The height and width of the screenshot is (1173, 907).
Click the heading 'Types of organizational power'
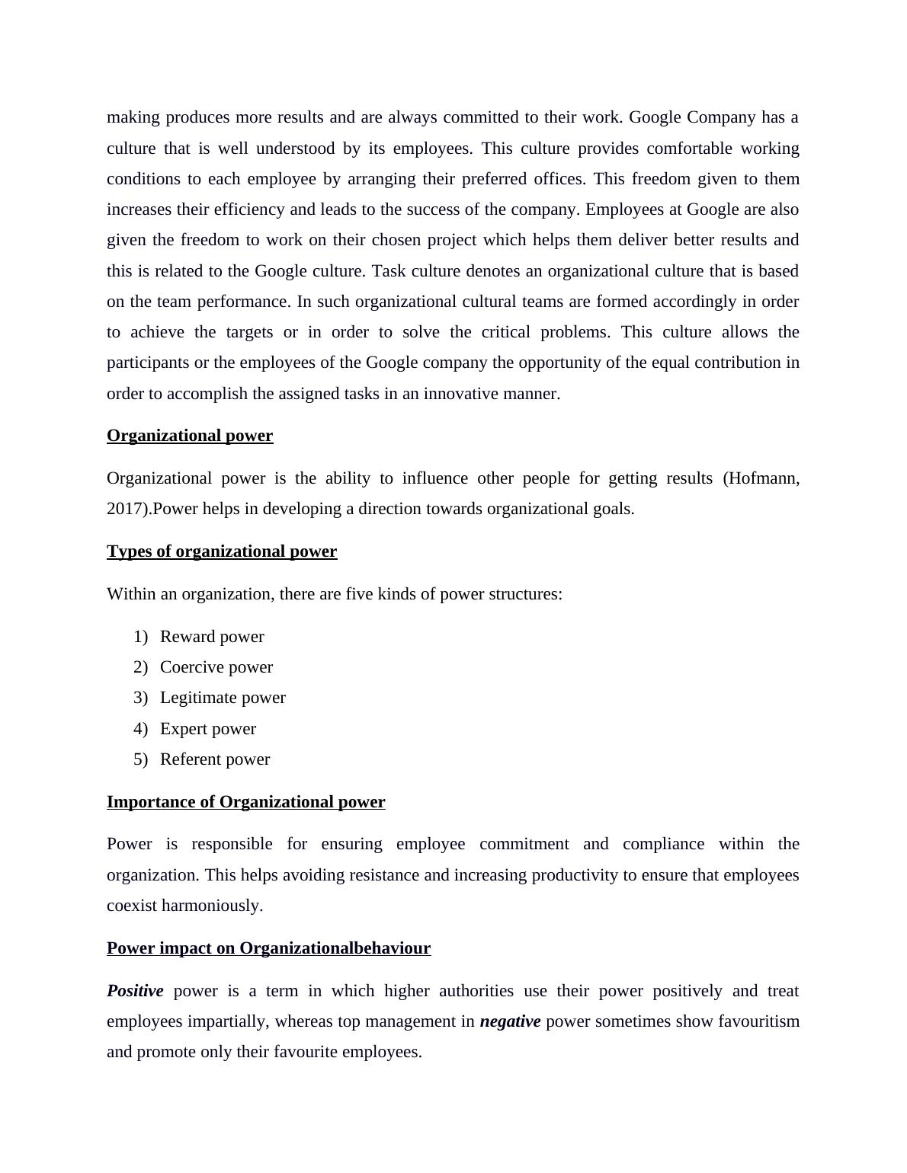click(222, 551)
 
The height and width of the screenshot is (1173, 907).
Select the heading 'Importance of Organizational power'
click(245, 802)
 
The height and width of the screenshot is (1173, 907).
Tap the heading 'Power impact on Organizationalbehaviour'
click(268, 948)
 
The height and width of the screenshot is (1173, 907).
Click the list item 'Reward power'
click(212, 637)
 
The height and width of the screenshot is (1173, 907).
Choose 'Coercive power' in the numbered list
click(216, 667)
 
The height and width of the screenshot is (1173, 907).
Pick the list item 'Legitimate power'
click(223, 698)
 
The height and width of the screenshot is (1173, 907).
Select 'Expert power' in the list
click(208, 729)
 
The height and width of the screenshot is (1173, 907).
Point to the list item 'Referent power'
click(215, 759)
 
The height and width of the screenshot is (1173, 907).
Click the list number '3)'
click(140, 698)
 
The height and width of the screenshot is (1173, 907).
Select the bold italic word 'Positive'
click(135, 991)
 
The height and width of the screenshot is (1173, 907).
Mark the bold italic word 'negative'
click(510, 1021)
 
